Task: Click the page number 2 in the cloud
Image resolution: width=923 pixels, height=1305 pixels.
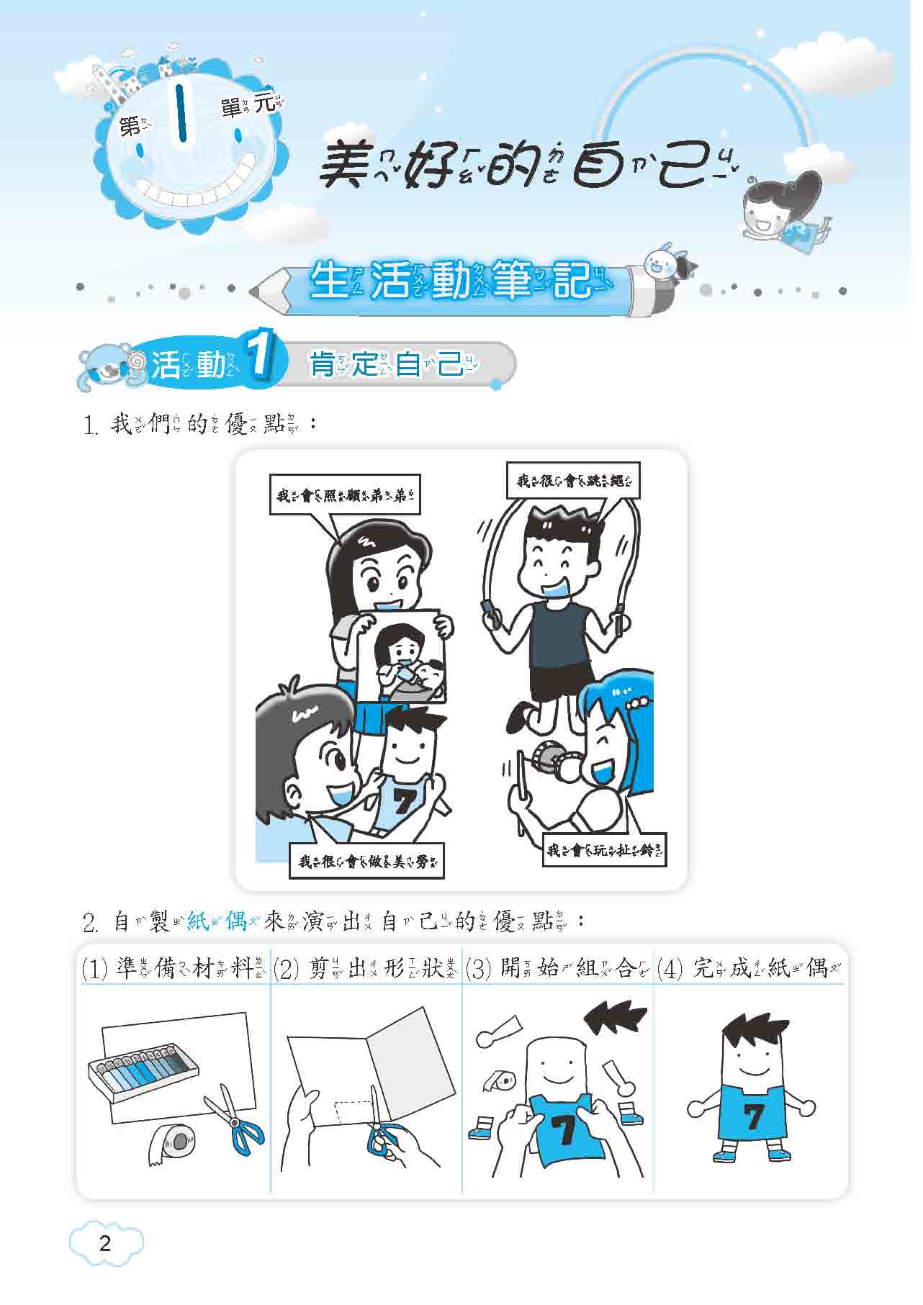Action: tap(105, 1244)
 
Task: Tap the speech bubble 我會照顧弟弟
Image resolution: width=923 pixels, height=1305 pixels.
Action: tap(344, 495)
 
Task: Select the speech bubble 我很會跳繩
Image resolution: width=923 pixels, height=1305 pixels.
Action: tap(572, 480)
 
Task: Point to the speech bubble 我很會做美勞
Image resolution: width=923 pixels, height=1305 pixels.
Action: tap(366, 859)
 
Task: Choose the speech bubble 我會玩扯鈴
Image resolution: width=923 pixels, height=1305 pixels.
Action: tap(604, 849)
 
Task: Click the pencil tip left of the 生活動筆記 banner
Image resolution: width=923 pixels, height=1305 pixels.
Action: tap(257, 292)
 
